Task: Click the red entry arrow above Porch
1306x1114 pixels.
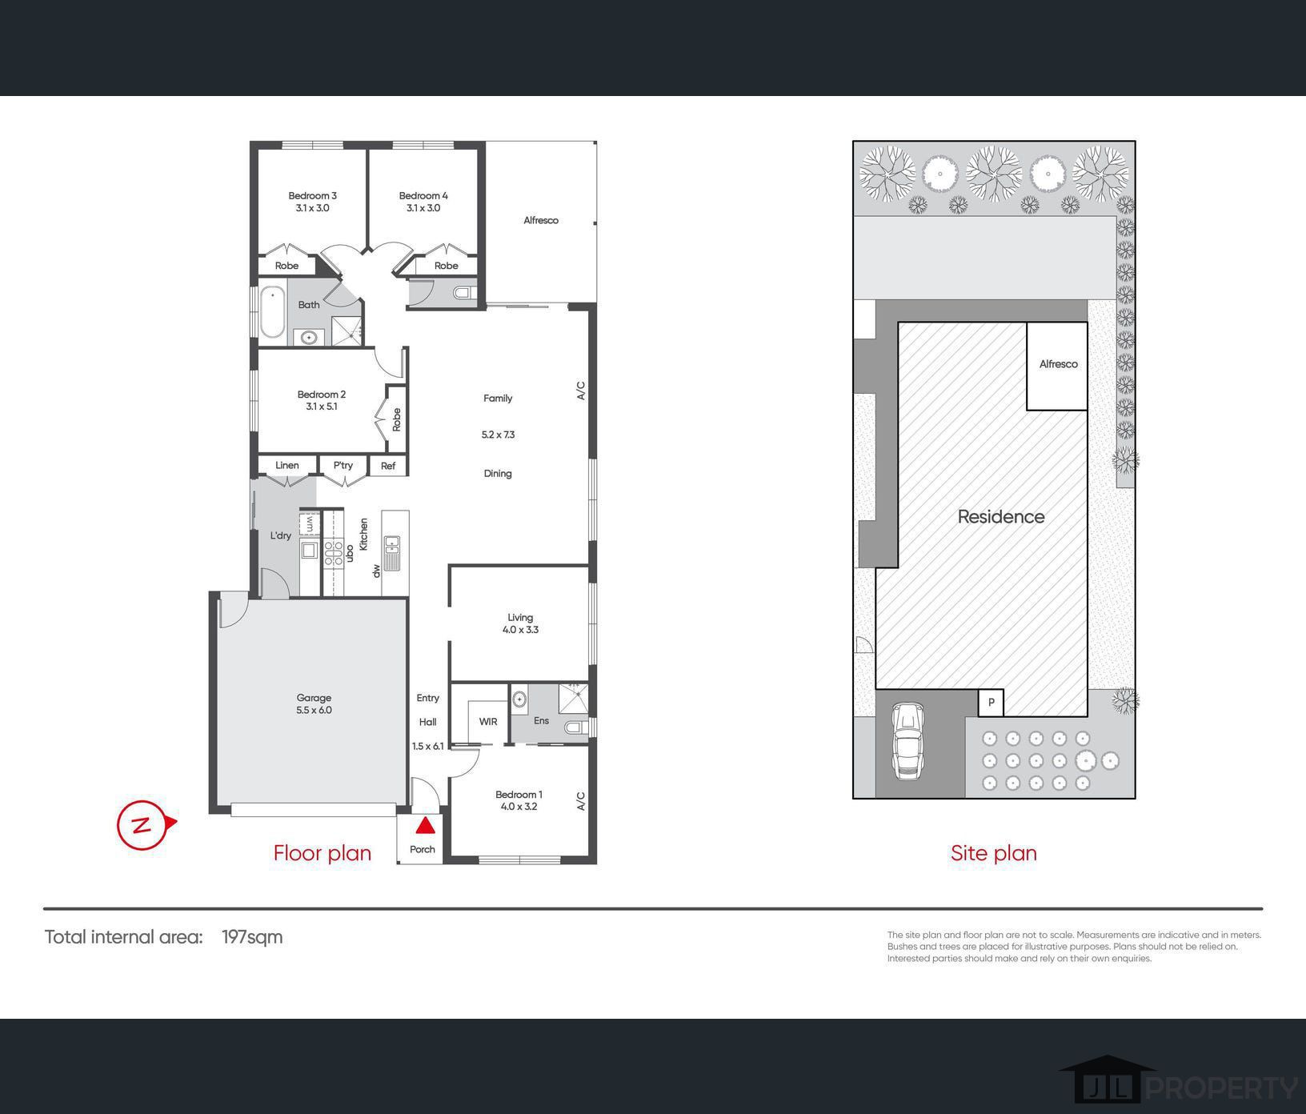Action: click(x=425, y=825)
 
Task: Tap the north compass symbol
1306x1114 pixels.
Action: click(x=145, y=824)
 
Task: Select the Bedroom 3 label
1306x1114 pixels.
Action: click(x=312, y=195)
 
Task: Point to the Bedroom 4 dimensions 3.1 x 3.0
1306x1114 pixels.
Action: click(x=423, y=208)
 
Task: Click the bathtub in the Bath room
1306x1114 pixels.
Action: click(x=272, y=311)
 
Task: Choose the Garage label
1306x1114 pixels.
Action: click(x=314, y=698)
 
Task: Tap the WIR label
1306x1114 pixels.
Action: click(x=488, y=722)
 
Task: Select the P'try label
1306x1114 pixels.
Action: click(x=343, y=466)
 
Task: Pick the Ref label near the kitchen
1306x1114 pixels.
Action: click(x=388, y=466)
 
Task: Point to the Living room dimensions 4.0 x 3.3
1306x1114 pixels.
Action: click(x=520, y=630)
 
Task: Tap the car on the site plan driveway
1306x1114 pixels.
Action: click(x=907, y=740)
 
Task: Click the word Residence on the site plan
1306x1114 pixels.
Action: click(x=1001, y=517)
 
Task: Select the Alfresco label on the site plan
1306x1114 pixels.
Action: click(x=1058, y=364)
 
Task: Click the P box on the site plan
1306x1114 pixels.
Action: click(x=992, y=703)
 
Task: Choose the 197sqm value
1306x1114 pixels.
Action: click(x=252, y=937)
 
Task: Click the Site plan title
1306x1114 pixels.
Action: click(x=994, y=853)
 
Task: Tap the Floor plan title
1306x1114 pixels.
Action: click(x=322, y=853)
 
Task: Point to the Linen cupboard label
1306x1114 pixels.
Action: click(x=287, y=466)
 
